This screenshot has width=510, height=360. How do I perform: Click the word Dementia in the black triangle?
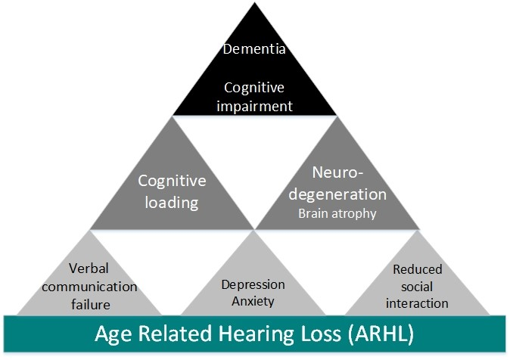tap(253, 50)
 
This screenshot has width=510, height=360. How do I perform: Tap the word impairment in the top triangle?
tap(253, 106)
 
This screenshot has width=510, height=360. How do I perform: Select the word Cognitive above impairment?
tap(253, 88)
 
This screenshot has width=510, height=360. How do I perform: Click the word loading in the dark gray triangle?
tap(172, 202)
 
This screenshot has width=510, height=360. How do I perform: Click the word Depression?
tap(253, 284)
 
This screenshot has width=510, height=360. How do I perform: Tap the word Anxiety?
tap(253, 301)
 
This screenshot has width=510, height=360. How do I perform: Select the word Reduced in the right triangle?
tap(417, 269)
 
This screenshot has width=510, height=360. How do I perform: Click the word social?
tap(417, 287)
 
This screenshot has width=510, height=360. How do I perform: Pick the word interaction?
tap(417, 303)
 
